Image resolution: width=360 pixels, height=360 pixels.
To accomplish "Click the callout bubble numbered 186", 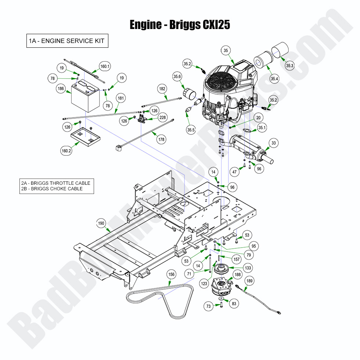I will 61,89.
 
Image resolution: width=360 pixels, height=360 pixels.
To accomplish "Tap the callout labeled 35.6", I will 177,76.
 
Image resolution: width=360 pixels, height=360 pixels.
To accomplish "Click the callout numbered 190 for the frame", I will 101,223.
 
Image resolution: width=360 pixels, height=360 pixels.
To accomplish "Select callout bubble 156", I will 171,274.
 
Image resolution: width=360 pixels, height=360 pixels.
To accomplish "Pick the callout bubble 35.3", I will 290,65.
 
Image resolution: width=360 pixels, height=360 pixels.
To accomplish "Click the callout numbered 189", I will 249,281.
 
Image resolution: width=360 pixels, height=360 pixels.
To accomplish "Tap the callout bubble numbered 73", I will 209,306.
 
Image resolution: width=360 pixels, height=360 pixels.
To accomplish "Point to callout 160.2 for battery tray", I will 66,150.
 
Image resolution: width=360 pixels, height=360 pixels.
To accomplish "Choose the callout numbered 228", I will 162,118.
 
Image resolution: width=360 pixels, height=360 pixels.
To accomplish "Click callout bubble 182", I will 162,89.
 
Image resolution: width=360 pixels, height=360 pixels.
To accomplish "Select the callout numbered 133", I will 238,268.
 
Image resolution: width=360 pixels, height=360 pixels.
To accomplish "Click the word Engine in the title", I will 145,25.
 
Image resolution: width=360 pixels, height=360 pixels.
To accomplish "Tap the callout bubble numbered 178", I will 162,140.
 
